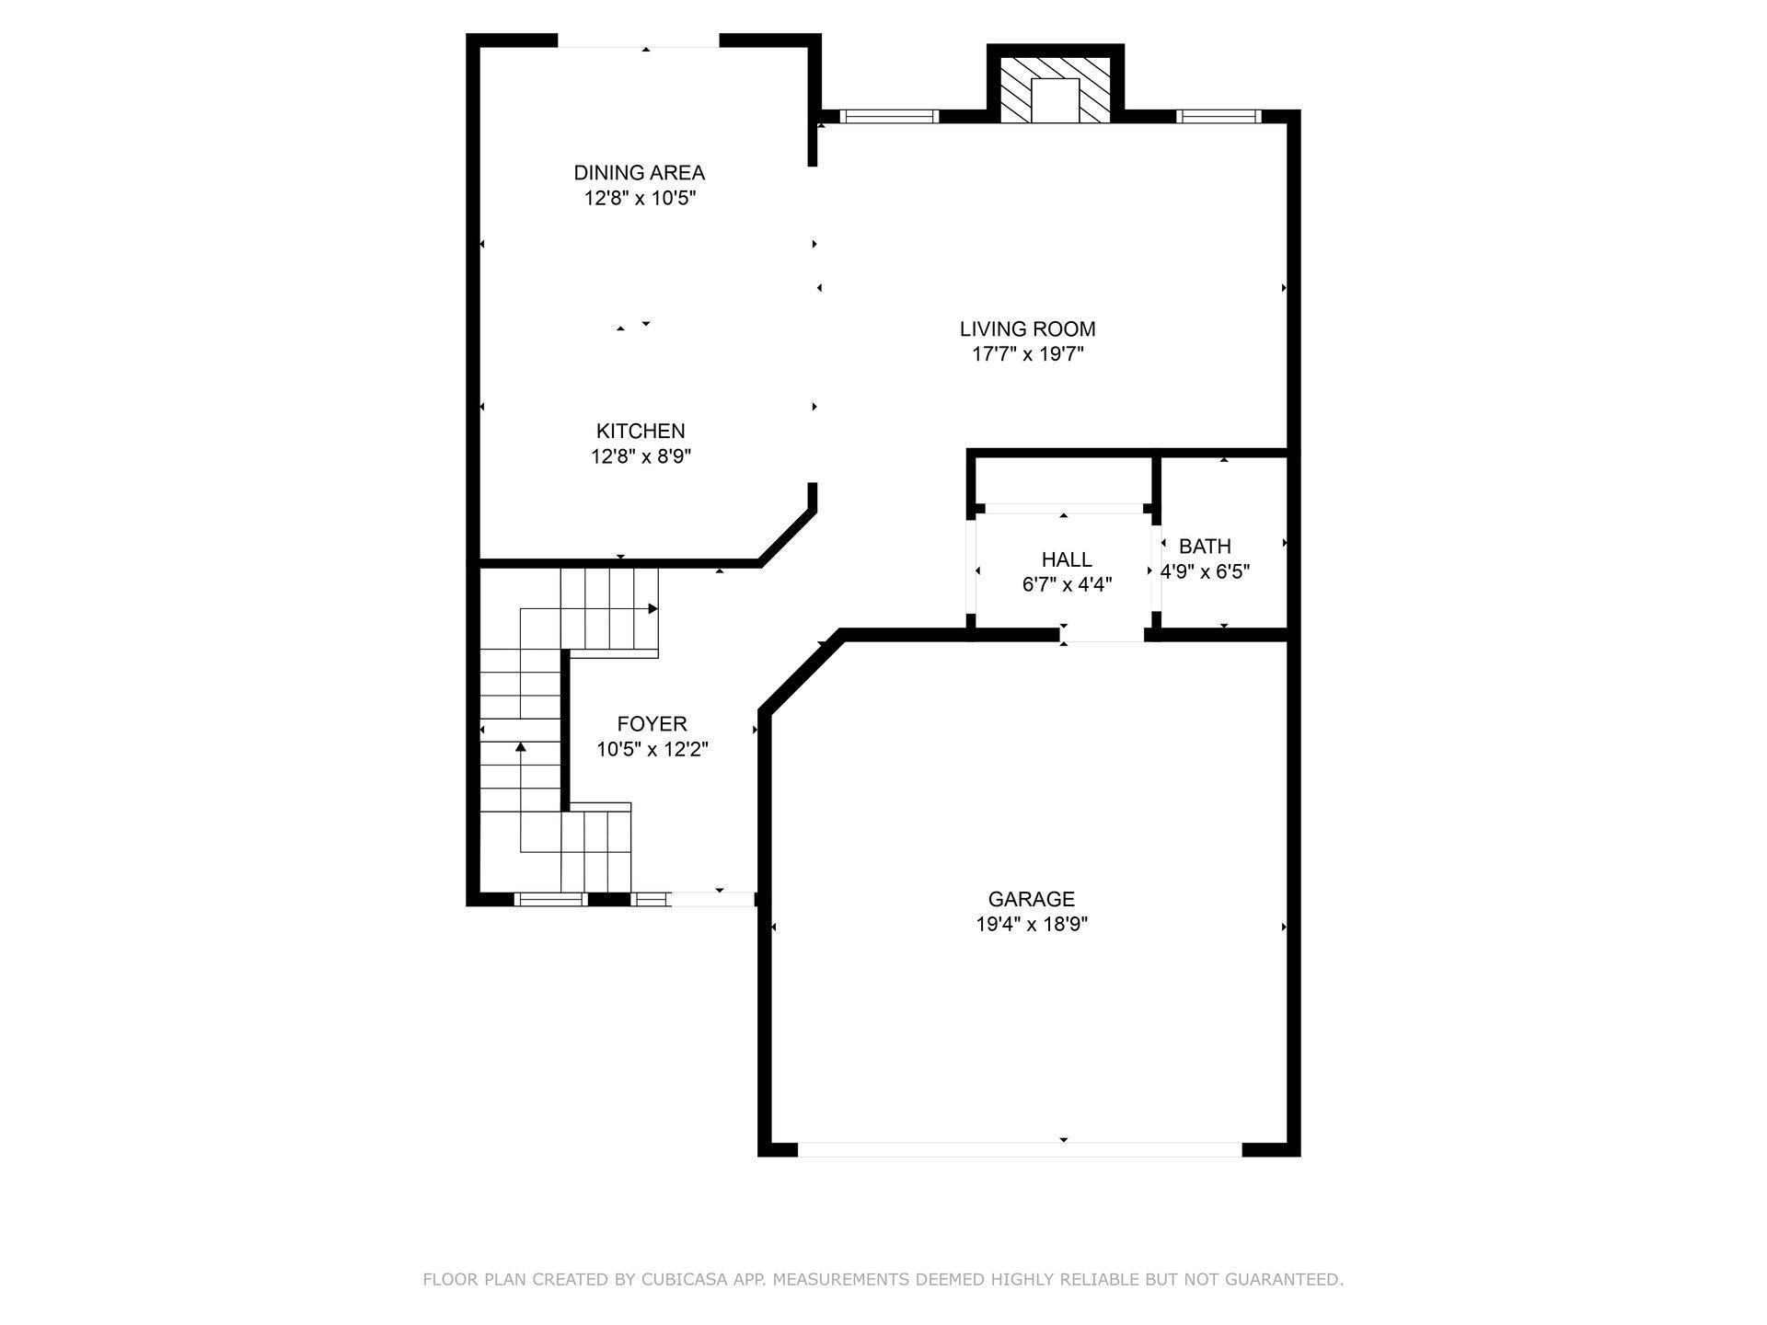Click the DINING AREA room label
tap(639, 173)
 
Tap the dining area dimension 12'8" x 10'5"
tap(639, 198)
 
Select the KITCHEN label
tap(641, 431)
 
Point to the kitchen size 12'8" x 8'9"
tap(641, 456)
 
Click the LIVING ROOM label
tap(1028, 328)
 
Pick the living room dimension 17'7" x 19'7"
tap(1028, 354)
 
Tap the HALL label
tap(1067, 559)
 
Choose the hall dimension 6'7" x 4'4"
tap(1067, 584)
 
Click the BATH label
tap(1205, 547)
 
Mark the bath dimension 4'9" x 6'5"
tap(1205, 571)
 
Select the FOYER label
tap(652, 724)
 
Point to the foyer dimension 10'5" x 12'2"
tap(652, 750)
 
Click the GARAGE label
tap(1032, 899)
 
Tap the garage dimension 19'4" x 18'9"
tap(1032, 925)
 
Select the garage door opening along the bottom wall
tap(1020, 1149)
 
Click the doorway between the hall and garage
tap(1103, 635)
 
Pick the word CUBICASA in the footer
tap(722, 1280)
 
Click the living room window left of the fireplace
tap(888, 116)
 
